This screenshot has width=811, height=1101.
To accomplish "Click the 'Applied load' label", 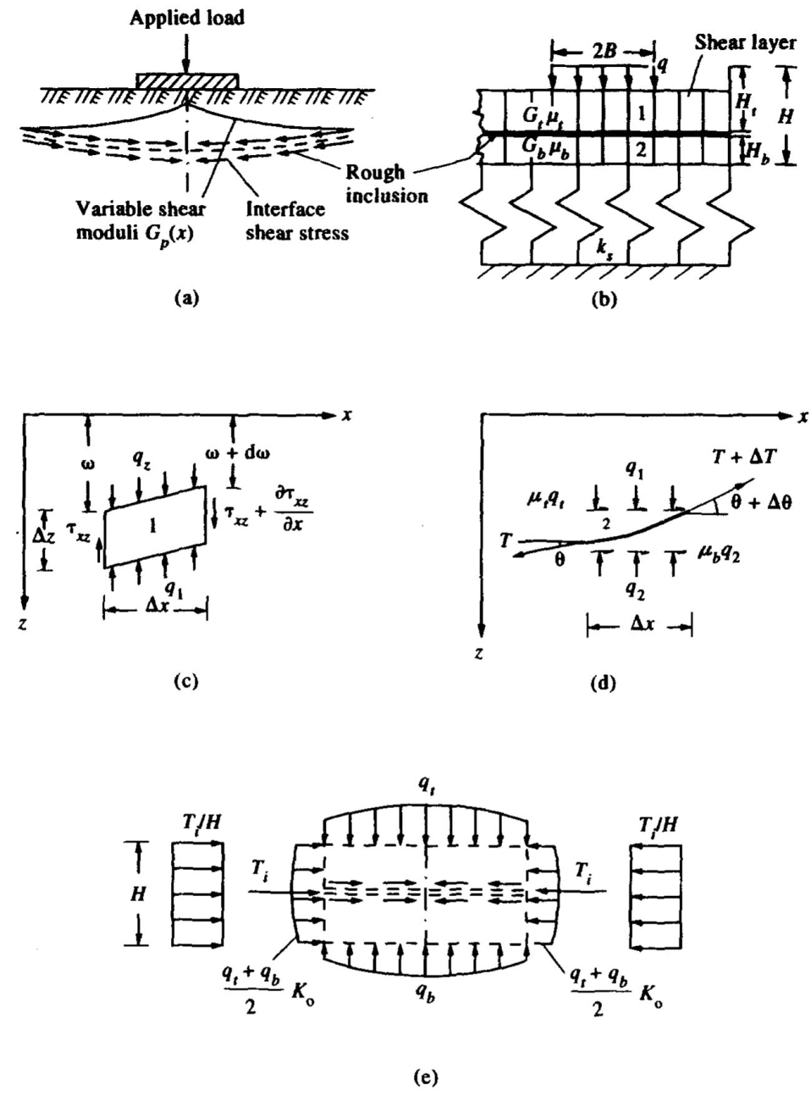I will [186, 18].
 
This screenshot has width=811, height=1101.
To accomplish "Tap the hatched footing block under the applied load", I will [187, 80].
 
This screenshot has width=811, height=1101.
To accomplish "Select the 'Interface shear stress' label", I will [297, 220].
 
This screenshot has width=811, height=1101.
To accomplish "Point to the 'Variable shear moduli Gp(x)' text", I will [141, 220].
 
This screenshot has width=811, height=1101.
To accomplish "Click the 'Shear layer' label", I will [745, 42].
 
